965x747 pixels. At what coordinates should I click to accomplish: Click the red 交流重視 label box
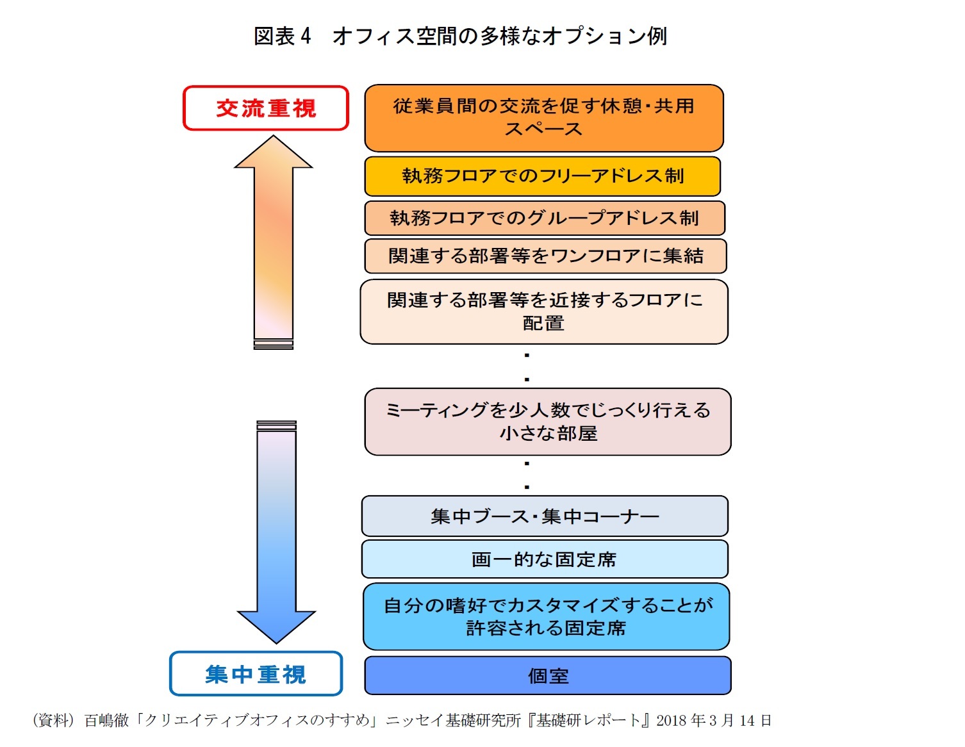coord(266,108)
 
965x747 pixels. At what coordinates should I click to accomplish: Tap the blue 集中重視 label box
coord(256,674)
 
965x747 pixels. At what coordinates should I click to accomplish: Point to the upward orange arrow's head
coord(274,154)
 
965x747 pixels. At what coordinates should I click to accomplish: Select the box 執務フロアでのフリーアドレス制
coord(543,176)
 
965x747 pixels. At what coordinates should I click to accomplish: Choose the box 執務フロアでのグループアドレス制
coord(544,218)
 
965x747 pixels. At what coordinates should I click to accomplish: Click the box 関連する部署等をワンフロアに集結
coord(545,256)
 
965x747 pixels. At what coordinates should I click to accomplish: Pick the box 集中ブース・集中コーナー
coord(545,516)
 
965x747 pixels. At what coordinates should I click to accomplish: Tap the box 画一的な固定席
coord(544,559)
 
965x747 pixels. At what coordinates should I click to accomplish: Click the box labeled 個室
coord(548,676)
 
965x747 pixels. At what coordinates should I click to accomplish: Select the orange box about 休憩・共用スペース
coord(543,118)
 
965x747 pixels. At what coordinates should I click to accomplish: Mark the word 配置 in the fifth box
coord(543,324)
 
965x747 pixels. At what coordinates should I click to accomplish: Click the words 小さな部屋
coord(548,434)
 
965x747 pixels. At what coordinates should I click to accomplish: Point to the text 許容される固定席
coord(545,628)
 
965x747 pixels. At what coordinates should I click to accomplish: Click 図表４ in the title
coord(283,37)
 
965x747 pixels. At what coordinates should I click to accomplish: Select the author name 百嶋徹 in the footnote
coord(106,721)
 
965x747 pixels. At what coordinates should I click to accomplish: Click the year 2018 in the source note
coord(672,721)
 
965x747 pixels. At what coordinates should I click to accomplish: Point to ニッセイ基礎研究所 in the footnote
coord(453,721)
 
